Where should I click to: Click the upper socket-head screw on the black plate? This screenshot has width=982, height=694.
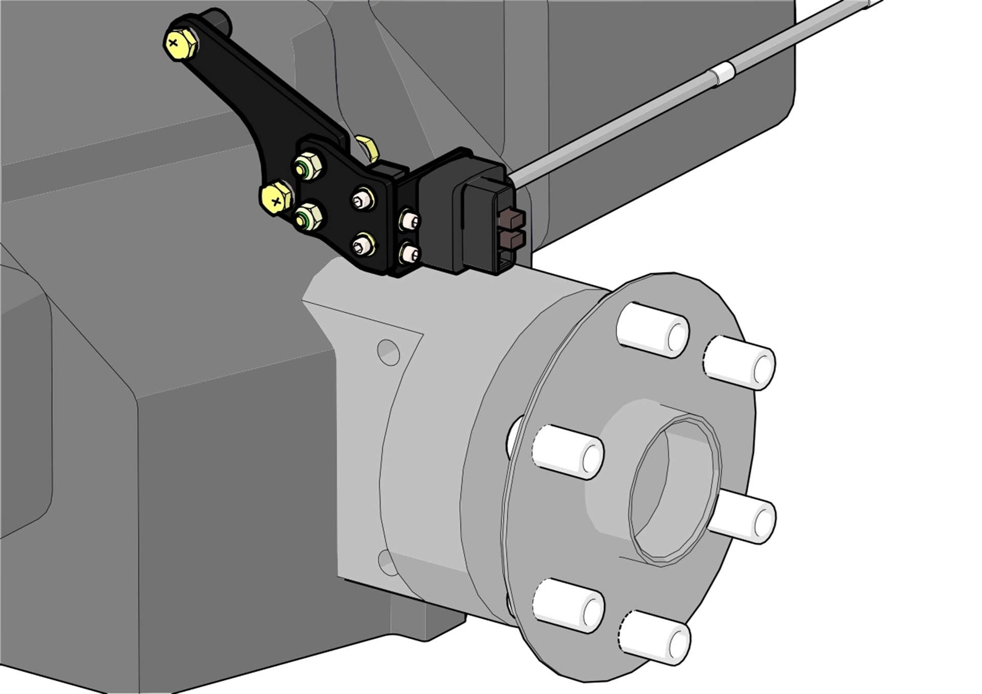[x=363, y=199]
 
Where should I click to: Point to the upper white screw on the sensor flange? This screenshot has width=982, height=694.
[x=410, y=220]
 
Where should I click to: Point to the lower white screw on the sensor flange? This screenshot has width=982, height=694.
[x=410, y=253]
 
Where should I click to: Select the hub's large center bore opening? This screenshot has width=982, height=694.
[x=673, y=491]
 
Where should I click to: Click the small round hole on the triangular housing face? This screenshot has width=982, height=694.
[x=388, y=352]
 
